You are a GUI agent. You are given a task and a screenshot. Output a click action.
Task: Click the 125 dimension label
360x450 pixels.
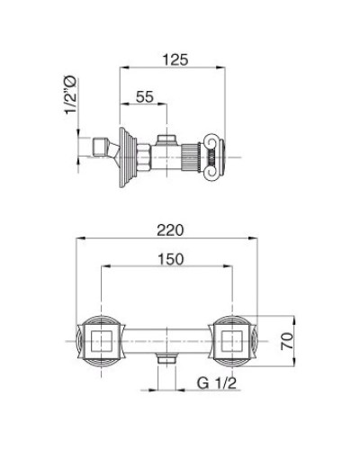click(175, 59)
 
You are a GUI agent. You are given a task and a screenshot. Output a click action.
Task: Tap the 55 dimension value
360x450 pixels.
click(145, 97)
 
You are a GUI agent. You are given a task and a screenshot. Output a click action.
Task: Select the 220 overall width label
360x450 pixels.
click(170, 230)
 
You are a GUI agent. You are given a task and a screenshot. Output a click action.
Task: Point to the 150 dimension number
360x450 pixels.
click(170, 259)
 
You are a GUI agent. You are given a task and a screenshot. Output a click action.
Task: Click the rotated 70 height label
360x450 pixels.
click(287, 341)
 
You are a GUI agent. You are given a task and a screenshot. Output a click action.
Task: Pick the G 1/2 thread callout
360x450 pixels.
click(217, 383)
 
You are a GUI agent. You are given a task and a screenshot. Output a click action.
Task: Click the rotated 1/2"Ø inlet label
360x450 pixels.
click(71, 95)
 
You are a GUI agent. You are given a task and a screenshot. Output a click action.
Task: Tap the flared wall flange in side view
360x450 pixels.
click(127, 157)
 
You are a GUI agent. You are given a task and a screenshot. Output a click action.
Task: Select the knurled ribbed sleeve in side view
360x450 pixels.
click(191, 157)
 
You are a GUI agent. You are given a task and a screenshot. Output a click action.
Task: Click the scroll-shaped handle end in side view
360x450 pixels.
click(214, 157)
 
